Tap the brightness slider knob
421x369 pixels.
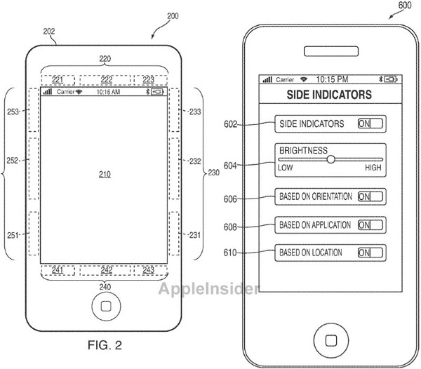330,159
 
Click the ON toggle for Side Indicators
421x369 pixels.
370,123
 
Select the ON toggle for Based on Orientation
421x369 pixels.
370,196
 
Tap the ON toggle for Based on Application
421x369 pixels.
370,225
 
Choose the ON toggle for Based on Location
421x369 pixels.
370,253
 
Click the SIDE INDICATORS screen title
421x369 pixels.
329,95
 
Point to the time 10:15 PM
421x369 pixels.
332,79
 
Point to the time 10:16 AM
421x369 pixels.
108,92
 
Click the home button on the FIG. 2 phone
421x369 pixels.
106,306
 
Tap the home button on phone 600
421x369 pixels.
331,340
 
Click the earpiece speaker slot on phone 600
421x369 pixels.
331,51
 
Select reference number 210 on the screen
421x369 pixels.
105,175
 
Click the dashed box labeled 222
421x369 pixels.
105,80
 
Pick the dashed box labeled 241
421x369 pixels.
58,270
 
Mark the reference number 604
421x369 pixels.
230,166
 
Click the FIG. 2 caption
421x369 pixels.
105,345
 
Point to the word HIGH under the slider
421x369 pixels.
373,168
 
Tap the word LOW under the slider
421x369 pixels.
285,168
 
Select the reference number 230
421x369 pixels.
214,173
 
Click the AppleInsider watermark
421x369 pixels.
209,289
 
